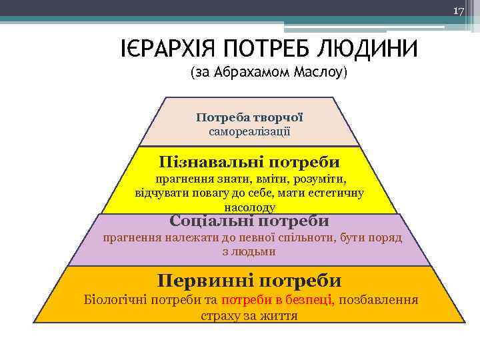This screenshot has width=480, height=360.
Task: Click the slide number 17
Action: tap(459, 12)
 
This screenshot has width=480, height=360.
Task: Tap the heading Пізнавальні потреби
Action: tap(249, 162)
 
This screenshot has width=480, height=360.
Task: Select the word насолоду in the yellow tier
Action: tap(249, 207)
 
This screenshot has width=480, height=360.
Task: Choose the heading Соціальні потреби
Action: tap(249, 221)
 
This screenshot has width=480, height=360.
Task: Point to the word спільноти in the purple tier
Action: tap(321, 238)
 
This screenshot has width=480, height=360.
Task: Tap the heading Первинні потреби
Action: tap(249, 281)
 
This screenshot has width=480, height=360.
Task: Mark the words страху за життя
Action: tap(249, 315)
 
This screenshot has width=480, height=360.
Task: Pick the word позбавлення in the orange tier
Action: tap(379, 300)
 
